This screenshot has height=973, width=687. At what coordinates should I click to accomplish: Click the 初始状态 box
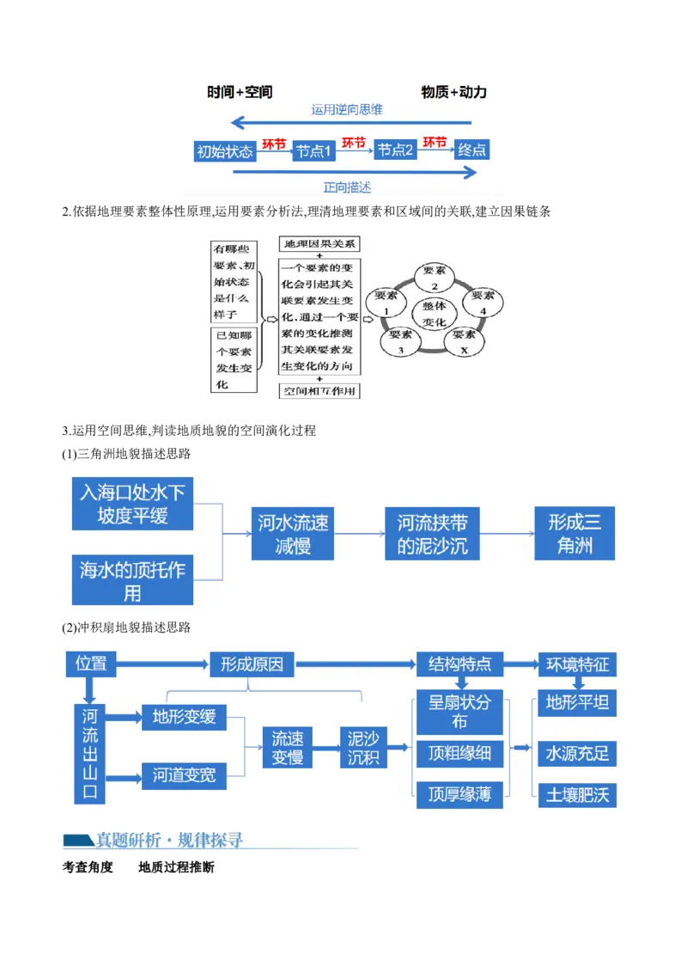click(225, 151)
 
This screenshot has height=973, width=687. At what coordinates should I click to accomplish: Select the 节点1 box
click(313, 151)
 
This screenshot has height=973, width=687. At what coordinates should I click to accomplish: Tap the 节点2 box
click(396, 150)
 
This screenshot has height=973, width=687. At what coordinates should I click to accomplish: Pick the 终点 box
click(472, 150)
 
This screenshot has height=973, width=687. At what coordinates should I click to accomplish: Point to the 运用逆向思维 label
click(347, 110)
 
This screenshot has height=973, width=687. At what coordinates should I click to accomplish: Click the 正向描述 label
click(347, 187)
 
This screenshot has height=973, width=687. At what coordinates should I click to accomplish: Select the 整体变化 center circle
click(435, 313)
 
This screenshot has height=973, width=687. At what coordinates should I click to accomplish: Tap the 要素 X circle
click(464, 341)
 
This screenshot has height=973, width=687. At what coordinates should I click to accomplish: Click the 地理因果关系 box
click(319, 244)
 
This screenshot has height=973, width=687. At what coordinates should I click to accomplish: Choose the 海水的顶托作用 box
click(132, 581)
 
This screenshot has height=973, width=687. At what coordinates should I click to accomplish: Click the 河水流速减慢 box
click(293, 534)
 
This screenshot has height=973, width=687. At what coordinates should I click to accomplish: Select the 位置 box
click(91, 664)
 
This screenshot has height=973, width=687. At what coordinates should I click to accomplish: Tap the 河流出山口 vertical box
click(90, 754)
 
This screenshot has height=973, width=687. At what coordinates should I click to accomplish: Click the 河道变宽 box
click(184, 776)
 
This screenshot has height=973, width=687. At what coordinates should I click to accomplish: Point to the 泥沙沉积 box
click(363, 748)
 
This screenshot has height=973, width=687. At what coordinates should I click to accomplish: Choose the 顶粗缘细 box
click(459, 755)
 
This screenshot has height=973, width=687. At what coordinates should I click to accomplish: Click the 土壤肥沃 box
click(577, 795)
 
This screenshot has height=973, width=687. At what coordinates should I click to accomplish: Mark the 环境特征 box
click(577, 664)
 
